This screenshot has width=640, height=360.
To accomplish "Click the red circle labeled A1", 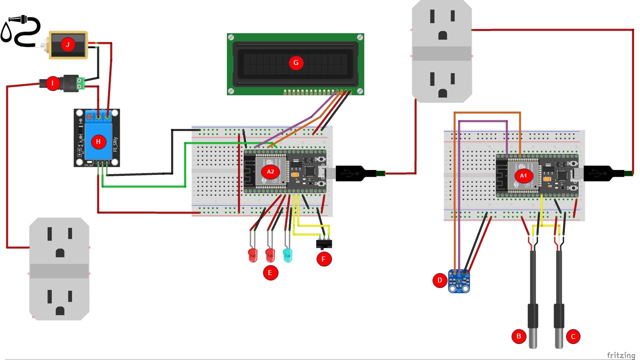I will pyautogui.click(x=523, y=176).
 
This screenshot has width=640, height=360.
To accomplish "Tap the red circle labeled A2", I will pyautogui.click(x=270, y=171).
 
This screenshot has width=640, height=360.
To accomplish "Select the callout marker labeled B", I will pyautogui.click(x=518, y=336).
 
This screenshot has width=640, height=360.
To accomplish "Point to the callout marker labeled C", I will pyautogui.click(x=573, y=336).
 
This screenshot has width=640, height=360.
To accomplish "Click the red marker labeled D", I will pyautogui.click(x=439, y=280).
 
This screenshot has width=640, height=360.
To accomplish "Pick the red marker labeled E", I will pyautogui.click(x=270, y=273).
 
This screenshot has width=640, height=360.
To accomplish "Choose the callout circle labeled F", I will pyautogui.click(x=324, y=259).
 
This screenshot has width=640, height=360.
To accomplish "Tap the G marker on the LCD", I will pyautogui.click(x=295, y=62).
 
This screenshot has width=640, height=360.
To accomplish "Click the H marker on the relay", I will pyautogui.click(x=98, y=141).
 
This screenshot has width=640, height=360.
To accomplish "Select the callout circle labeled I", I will pyautogui.click(x=52, y=83).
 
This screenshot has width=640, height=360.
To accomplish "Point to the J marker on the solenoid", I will pyautogui.click(x=67, y=44).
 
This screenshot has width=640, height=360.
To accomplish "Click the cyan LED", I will pyautogui.click(x=287, y=255).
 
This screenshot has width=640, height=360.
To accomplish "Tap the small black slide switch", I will pyautogui.click(x=324, y=244).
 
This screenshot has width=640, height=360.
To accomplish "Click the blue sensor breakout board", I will pyautogui.click(x=459, y=282).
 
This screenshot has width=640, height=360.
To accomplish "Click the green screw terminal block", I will pyautogui.click(x=85, y=83).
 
